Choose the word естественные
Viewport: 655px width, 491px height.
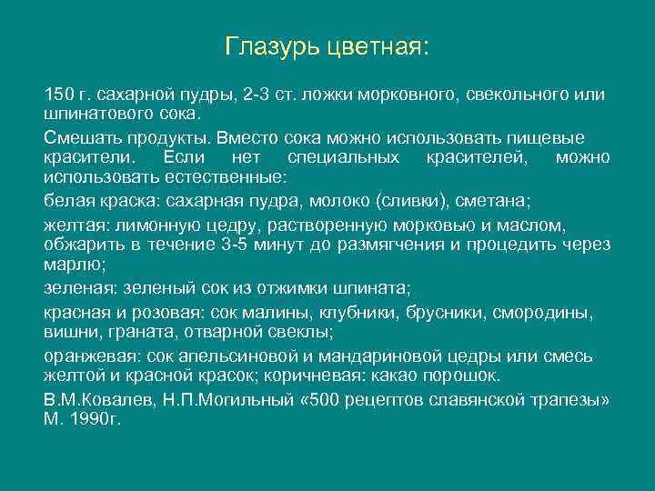[231, 176]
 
